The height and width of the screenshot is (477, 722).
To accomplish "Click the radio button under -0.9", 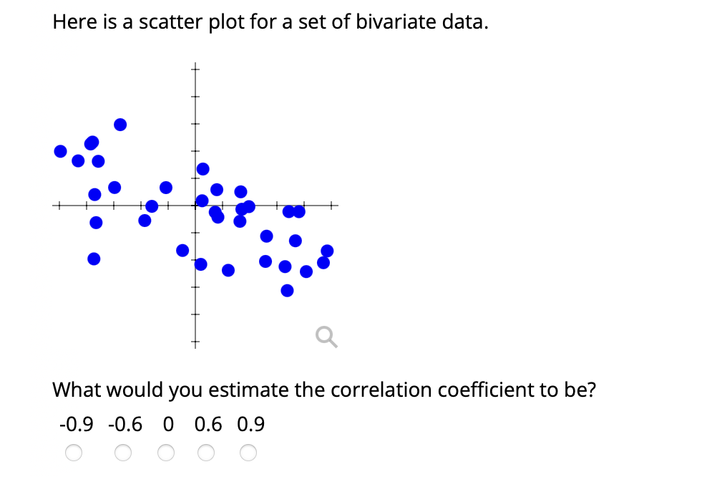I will click(x=74, y=453).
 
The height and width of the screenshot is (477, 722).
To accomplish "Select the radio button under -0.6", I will click(x=123, y=453).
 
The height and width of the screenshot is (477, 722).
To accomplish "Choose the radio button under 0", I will click(x=166, y=453).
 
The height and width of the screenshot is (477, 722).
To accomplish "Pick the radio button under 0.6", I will click(x=207, y=453).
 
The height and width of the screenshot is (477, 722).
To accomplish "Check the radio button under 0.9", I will click(x=248, y=453).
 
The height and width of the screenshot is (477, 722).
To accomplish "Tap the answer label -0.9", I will click(x=76, y=425).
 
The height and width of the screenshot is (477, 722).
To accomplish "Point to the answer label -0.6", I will click(x=125, y=425).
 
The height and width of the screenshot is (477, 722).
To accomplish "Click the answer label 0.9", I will click(x=250, y=425).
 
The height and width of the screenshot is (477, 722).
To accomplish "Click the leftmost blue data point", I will click(x=61, y=151).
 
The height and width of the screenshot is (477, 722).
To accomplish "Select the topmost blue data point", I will click(x=120, y=125).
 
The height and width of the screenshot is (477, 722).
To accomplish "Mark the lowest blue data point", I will click(x=287, y=290).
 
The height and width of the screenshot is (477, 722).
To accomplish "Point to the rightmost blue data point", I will click(x=327, y=251).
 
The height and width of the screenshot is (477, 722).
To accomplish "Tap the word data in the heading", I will click(x=467, y=22).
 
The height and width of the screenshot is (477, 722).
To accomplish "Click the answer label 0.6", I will click(x=208, y=425).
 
